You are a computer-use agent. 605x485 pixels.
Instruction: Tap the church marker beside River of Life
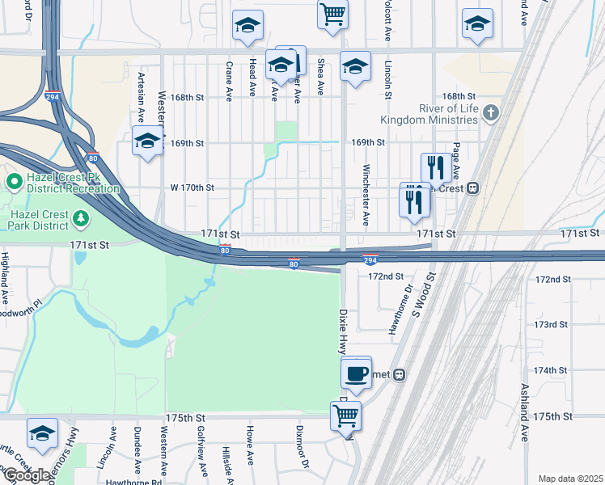491,114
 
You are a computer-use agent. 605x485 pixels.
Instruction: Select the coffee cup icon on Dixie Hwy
356,373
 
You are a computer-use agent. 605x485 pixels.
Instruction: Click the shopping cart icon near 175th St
346,416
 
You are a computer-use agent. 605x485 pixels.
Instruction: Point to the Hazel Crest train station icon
473,188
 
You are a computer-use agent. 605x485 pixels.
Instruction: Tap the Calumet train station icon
400,374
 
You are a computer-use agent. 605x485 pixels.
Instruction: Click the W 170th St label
192,188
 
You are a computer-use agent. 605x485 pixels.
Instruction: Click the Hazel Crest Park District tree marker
80,218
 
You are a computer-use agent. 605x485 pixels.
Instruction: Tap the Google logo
26,475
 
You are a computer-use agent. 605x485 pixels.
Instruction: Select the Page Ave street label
456,161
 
